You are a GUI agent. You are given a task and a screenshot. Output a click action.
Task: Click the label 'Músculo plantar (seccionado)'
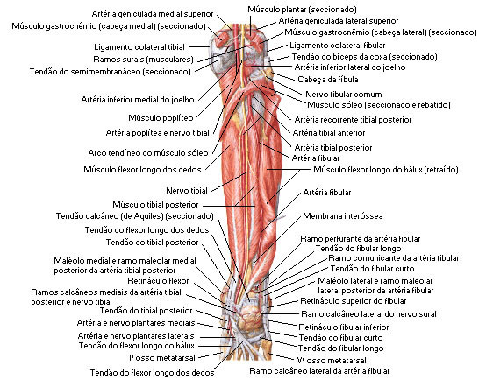click(302, 10)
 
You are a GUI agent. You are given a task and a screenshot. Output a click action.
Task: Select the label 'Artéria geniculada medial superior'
click(153, 14)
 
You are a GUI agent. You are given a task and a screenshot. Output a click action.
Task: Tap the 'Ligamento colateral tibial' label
click(139, 47)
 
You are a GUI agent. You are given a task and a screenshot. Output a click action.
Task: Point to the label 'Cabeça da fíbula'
click(328, 80)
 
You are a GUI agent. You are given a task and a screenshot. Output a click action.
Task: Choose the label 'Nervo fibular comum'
click(344, 95)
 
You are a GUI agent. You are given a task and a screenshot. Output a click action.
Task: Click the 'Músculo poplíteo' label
click(161, 118)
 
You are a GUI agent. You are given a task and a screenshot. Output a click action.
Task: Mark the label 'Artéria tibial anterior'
click(329, 133)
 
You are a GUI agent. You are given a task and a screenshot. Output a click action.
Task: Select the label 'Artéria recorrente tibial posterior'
click(353, 120)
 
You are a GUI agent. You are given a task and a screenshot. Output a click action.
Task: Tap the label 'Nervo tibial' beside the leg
click(187, 191)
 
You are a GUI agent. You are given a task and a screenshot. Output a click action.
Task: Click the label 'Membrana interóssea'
click(343, 216)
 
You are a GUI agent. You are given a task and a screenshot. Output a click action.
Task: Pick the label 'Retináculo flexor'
click(158, 280)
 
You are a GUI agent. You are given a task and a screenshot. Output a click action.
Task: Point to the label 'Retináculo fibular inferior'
click(344, 327)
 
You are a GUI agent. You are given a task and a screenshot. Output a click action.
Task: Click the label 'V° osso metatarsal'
click(332, 360)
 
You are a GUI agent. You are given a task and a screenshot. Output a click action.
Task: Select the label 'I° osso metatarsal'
click(162, 358)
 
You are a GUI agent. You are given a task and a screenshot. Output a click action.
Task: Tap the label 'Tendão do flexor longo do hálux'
click(137, 346)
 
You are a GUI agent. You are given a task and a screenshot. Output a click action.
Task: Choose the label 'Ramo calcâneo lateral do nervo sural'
click(368, 314)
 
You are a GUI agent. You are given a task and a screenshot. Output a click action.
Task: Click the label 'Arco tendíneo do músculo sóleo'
click(148, 153)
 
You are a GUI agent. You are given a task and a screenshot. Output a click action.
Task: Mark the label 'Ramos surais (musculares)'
click(143, 60)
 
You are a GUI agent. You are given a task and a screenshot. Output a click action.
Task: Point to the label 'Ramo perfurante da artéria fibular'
click(361, 239)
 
